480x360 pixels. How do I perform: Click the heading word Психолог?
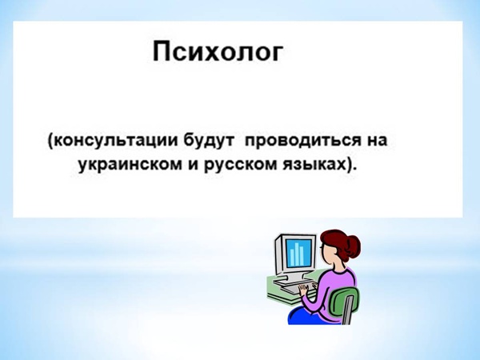217,51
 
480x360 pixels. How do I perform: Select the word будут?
209,141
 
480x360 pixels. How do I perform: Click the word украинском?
130,166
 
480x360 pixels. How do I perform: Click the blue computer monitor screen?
299,253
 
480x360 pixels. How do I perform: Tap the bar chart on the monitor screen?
297,254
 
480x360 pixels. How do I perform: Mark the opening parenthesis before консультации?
50,142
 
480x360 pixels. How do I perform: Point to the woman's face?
325,254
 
